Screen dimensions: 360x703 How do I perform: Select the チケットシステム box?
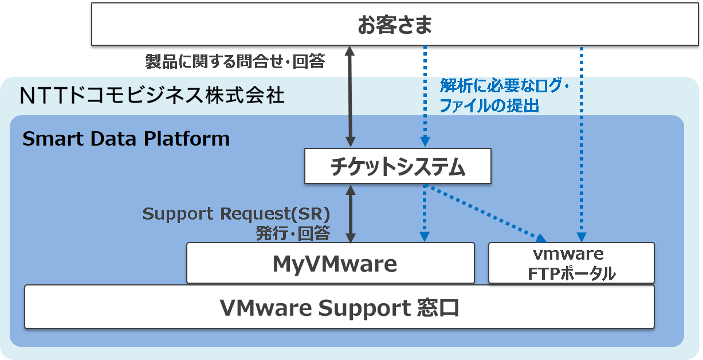398,167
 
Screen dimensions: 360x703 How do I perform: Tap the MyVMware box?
331,263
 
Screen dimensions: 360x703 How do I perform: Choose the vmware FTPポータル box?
571,263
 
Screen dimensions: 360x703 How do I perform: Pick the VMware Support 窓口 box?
339,308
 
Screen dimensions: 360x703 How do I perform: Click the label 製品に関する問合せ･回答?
235,61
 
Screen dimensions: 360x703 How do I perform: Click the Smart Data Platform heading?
125,139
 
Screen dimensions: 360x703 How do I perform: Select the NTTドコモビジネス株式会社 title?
152,95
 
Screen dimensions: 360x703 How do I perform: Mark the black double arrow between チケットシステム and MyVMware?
351,213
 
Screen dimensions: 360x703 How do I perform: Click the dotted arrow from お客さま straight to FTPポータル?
582,143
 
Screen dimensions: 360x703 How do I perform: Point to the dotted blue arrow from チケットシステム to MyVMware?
425,213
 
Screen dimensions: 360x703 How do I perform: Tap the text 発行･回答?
293,233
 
